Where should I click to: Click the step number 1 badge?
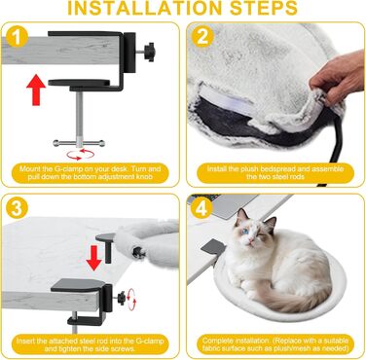pos(17,37)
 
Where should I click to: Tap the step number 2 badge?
pos(202,36)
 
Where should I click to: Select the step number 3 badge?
pos(17,208)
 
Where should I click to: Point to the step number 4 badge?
pos(201,208)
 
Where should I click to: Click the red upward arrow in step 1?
pos(36,90)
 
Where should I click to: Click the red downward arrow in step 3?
pos(94,258)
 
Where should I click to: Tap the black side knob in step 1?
pos(150,51)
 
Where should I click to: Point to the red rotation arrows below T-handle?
pos(80,155)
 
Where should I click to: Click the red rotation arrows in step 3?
pos(131,300)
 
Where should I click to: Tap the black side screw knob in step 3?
pos(121,297)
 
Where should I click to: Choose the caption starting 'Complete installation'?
pos(275,344)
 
